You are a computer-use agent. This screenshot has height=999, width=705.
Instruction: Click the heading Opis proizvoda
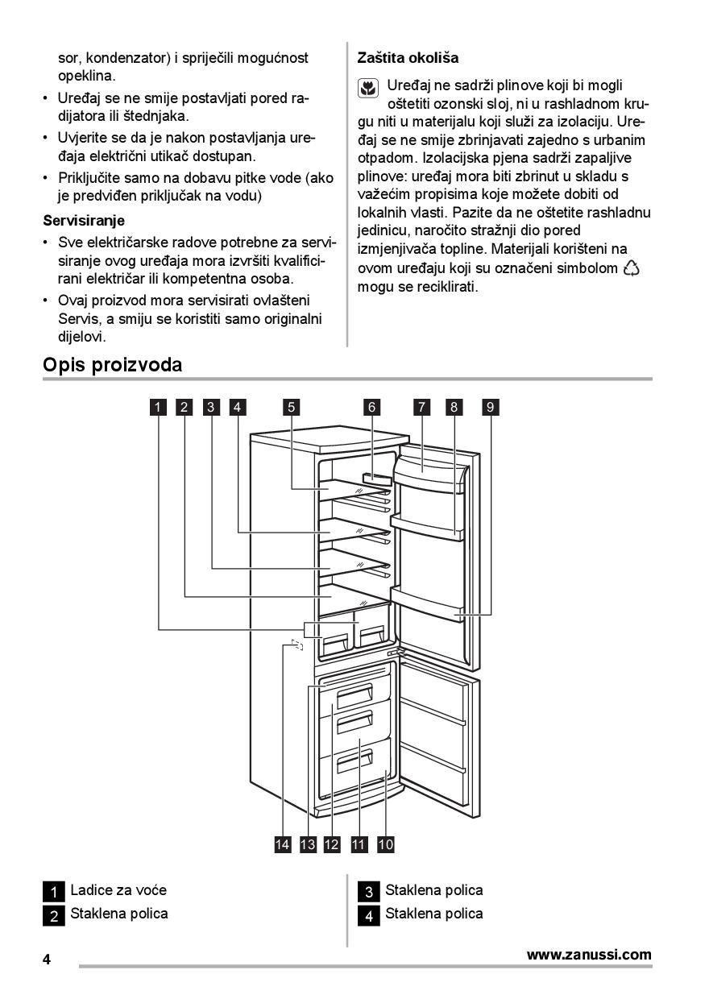click(x=113, y=365)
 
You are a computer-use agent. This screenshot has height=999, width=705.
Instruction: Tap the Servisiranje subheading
click(x=84, y=220)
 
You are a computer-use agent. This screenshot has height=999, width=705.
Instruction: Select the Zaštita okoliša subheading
click(x=408, y=58)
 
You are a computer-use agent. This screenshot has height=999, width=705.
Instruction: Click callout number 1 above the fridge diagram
click(x=159, y=407)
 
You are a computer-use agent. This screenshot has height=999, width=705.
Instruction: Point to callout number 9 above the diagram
click(x=490, y=407)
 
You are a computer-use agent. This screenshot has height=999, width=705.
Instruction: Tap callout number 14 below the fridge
click(x=282, y=844)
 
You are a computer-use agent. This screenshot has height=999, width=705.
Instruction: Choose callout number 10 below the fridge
click(x=385, y=844)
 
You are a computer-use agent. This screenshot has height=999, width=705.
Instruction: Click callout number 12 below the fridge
click(x=332, y=844)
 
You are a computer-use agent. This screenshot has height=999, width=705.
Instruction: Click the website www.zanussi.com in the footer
click(x=589, y=955)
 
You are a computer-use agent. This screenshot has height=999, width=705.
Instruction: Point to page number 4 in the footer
click(x=47, y=960)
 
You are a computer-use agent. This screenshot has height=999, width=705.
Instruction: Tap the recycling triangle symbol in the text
click(x=631, y=268)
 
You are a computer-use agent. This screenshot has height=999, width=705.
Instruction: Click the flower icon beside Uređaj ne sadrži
click(x=367, y=88)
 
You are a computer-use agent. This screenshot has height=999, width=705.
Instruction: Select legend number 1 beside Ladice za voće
click(x=53, y=892)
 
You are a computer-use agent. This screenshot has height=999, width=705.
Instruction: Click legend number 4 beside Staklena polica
click(x=368, y=915)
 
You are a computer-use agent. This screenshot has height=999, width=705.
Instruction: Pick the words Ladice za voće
click(x=118, y=890)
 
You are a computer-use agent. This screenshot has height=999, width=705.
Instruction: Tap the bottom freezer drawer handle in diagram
click(x=355, y=757)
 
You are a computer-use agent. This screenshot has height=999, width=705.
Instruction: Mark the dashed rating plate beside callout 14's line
click(x=297, y=645)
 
